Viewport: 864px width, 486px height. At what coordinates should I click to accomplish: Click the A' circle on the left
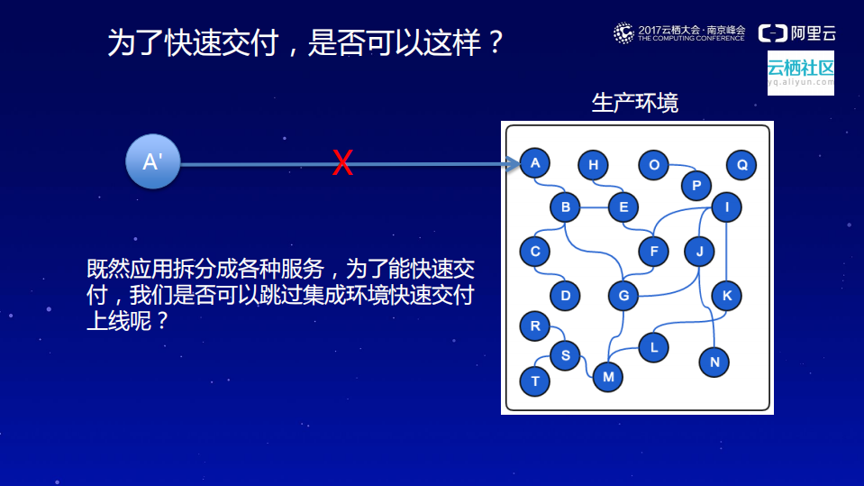pos(152,162)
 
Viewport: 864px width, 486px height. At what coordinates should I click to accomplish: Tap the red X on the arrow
pos(342,163)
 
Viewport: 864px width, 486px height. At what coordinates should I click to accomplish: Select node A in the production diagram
pos(535,163)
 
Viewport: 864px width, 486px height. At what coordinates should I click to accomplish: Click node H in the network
pos(593,165)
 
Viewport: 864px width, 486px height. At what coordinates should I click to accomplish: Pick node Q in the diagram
pos(741,165)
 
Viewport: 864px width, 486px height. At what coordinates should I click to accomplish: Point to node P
pos(696,186)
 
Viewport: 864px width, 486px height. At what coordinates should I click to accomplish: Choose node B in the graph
pos(565,208)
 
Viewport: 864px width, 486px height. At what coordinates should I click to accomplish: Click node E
pos(623,208)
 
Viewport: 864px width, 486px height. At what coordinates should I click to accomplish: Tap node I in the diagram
pos(726,208)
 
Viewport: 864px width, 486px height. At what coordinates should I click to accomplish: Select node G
pos(623,295)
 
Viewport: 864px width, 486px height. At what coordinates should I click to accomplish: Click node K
pos(726,295)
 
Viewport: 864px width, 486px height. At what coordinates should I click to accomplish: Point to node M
pos(608,377)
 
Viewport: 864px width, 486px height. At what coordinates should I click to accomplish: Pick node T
pos(535,381)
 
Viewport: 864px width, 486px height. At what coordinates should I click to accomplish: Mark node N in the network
pos(714,362)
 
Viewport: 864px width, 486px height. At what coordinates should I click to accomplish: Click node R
pos(535,326)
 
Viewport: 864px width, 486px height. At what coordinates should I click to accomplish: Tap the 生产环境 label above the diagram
pos(635,103)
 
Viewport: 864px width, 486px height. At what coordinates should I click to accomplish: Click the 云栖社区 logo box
pos(800,72)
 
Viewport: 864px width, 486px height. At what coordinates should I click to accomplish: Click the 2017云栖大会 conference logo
pos(680,33)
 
